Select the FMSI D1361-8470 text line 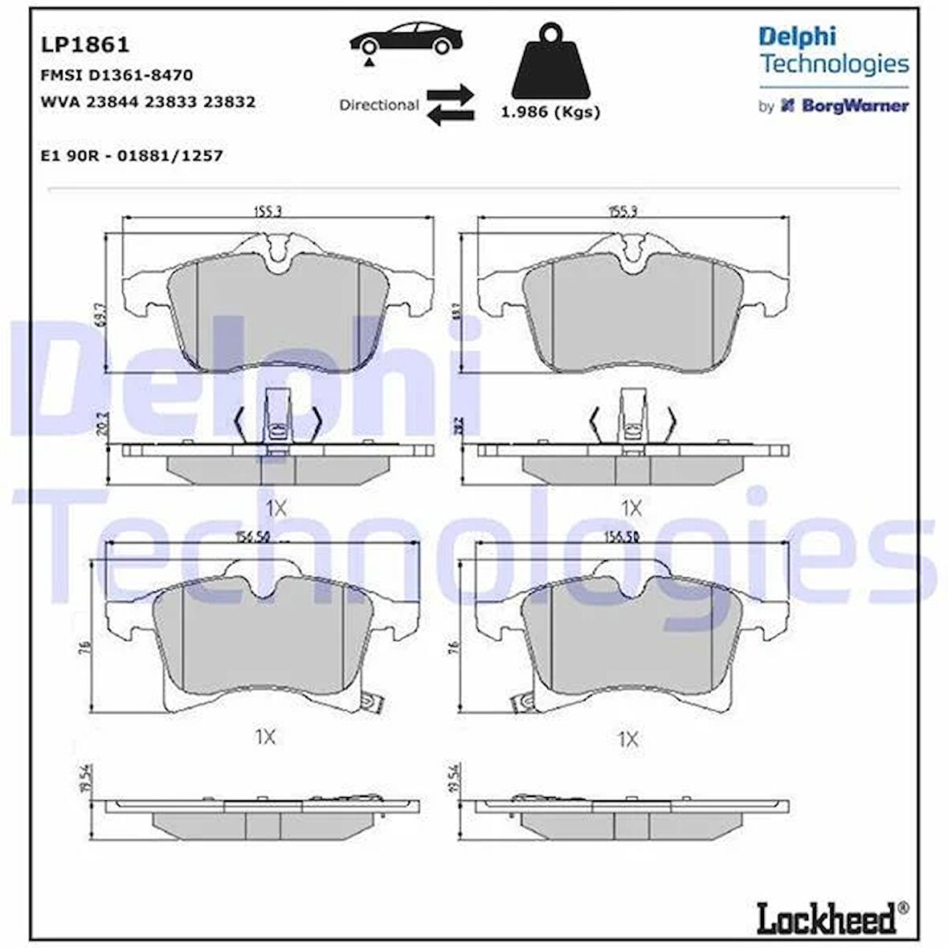[x=116, y=76]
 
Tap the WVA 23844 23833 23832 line [x=148, y=102]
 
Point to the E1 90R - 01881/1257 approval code [x=132, y=156]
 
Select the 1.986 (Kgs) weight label [x=550, y=112]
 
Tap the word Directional [x=378, y=105]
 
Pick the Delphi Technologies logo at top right [x=833, y=50]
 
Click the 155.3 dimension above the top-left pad [x=272, y=211]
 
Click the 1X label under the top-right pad [x=631, y=508]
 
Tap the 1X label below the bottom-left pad [x=265, y=737]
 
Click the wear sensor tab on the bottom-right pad [x=523, y=701]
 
